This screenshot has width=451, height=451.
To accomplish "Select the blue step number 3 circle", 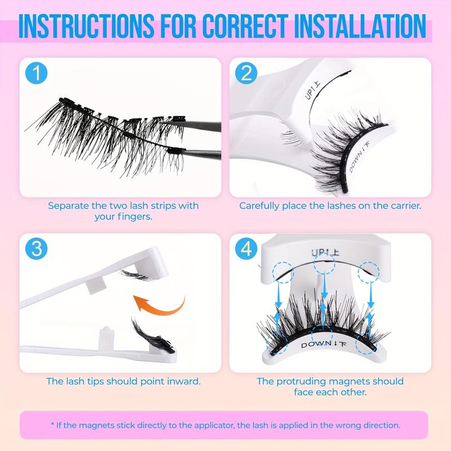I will click(x=37, y=249).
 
